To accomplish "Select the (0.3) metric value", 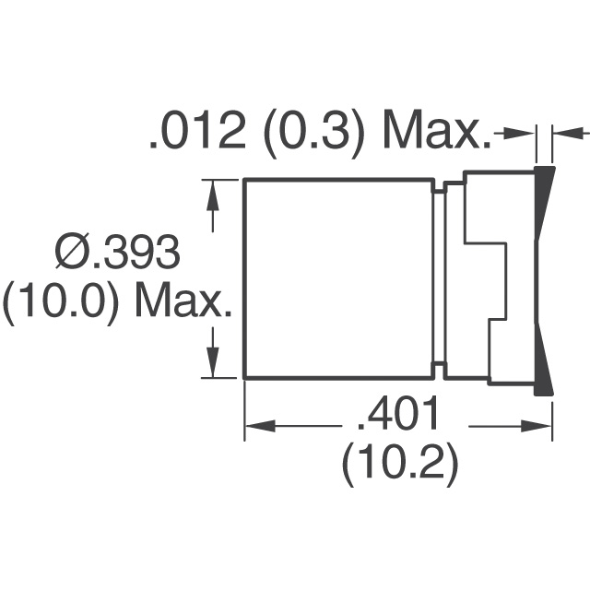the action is (314, 135).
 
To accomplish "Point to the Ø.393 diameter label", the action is (117, 252).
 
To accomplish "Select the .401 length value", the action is (397, 414).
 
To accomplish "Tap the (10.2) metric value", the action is (400, 466).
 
